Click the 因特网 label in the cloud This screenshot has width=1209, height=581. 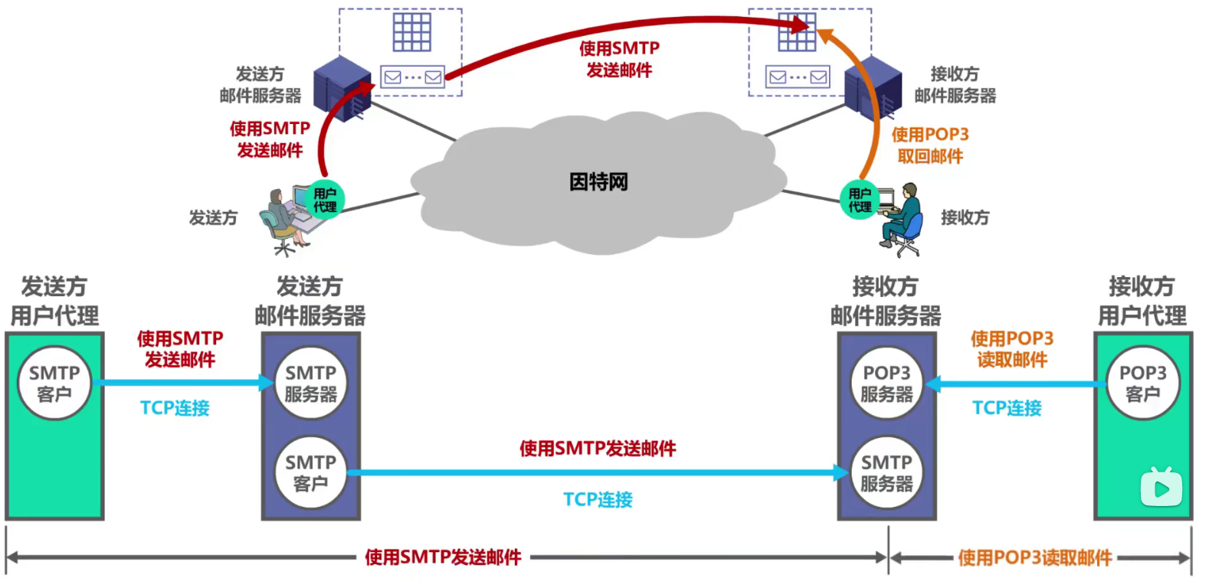[598, 182]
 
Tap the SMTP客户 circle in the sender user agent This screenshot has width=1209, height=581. [54, 383]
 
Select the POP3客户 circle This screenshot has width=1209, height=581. [1142, 383]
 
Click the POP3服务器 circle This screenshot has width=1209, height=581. [886, 383]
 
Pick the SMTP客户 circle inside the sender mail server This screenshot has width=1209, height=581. [310, 472]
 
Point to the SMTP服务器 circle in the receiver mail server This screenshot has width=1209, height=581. [886, 472]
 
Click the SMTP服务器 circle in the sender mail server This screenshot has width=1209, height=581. [310, 383]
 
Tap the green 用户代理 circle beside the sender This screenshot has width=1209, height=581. [325, 200]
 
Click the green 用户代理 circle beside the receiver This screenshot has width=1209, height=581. [860, 200]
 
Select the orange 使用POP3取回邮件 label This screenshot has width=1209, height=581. [930, 145]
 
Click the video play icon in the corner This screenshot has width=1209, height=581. [1161, 488]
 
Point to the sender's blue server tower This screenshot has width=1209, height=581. [342, 87]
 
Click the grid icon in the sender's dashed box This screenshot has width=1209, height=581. [412, 31]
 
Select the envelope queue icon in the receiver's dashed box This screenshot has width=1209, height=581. [798, 77]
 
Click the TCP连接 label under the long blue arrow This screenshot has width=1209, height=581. [598, 500]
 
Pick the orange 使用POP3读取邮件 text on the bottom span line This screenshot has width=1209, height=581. [1034, 558]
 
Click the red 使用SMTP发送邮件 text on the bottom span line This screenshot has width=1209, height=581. [443, 557]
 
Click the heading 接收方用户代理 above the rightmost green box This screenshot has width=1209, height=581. [1142, 301]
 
